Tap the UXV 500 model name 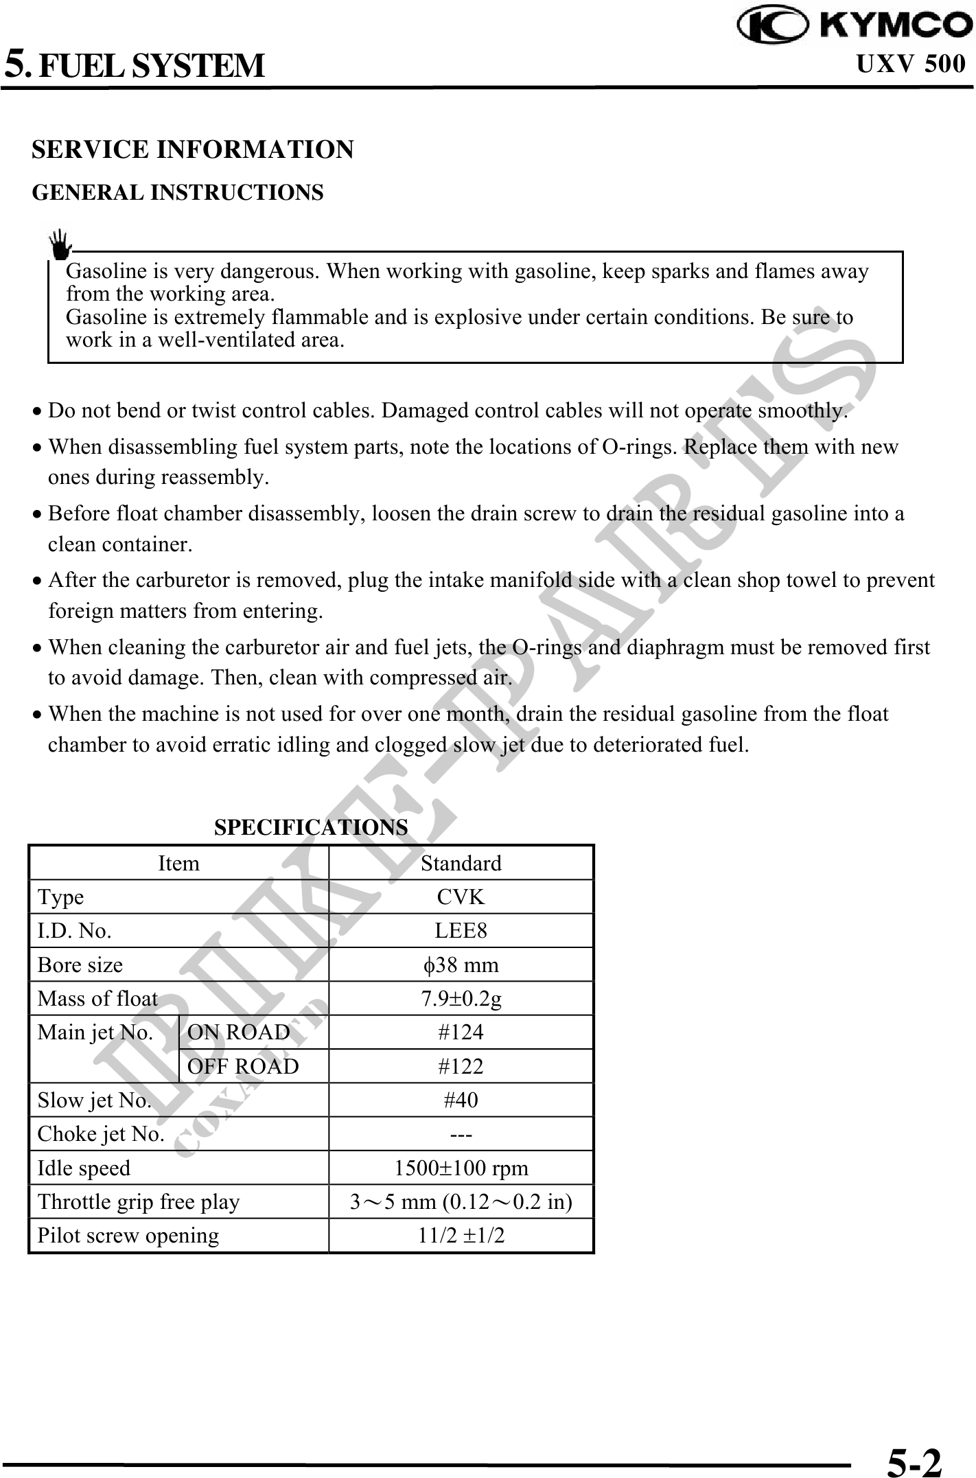911,64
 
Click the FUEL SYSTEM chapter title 150,66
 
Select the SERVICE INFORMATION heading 193,149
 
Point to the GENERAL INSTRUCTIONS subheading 178,192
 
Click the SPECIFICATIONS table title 311,827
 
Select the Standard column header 461,863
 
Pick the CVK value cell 461,897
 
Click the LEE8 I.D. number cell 461,930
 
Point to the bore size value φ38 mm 461,965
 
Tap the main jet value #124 461,1032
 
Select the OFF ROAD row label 243,1066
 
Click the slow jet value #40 461,1100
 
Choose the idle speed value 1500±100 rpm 461,1168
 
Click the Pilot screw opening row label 128,1235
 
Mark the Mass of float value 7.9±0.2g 461,998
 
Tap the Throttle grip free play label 139,1201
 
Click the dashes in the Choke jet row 461,1134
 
